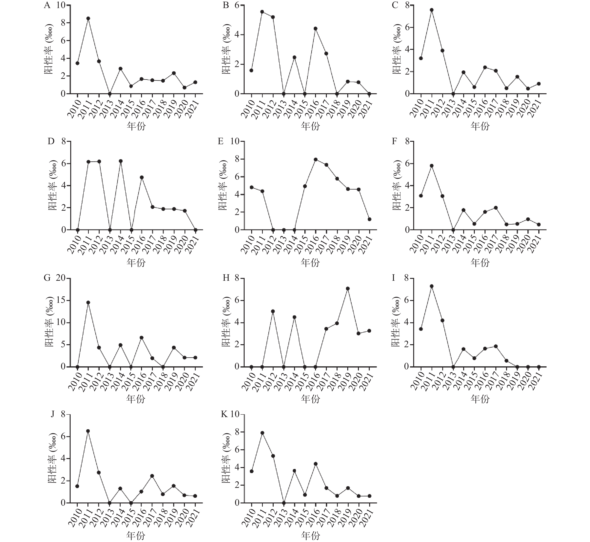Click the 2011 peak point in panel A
(88, 18)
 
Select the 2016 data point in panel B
(316, 28)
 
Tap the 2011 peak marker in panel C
(432, 10)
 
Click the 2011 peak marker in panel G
(88, 302)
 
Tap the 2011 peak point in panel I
(432, 286)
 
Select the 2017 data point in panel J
(152, 476)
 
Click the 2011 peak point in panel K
(262, 433)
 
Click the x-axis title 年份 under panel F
(480, 263)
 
